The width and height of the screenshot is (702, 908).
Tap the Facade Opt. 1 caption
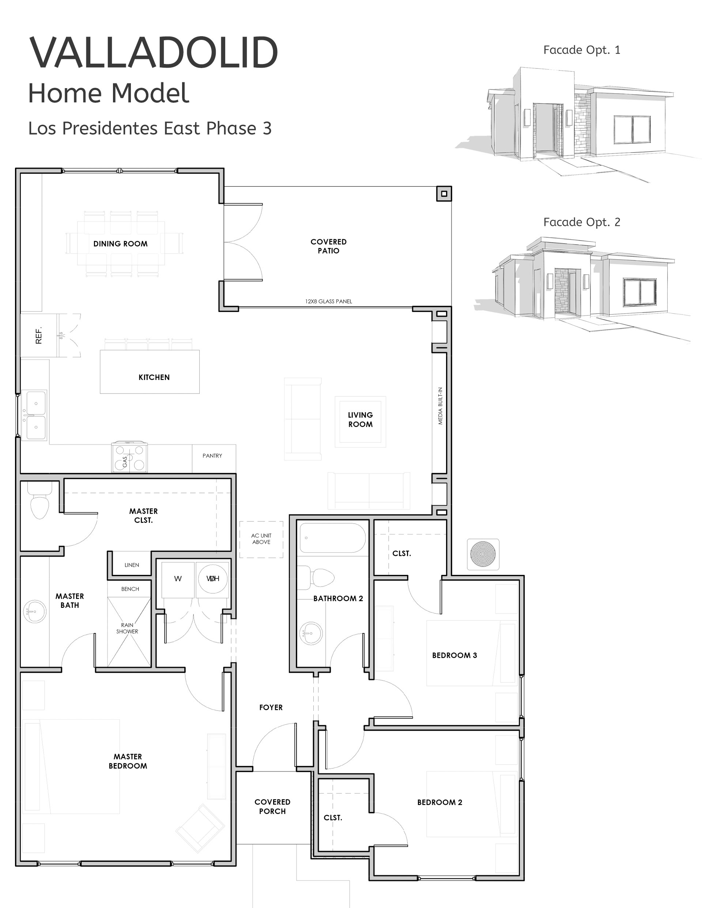(x=581, y=50)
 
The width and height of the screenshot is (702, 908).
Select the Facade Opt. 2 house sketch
(x=582, y=287)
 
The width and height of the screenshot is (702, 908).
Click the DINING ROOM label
(x=120, y=244)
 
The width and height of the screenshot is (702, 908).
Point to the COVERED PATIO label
(x=328, y=246)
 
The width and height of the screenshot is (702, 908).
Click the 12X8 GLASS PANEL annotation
(x=328, y=301)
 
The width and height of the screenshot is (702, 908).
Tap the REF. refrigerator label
(x=39, y=335)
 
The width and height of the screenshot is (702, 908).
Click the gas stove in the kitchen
(x=129, y=457)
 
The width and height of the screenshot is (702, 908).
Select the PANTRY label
(x=212, y=456)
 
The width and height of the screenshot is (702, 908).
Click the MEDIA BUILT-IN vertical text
(x=440, y=406)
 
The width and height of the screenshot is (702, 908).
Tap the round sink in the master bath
(x=35, y=611)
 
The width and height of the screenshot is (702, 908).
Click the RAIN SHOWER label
(x=127, y=628)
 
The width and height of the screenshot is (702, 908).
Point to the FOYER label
(x=271, y=708)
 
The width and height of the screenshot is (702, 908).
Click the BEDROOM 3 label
(x=454, y=655)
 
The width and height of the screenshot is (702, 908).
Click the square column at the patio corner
(x=444, y=194)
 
